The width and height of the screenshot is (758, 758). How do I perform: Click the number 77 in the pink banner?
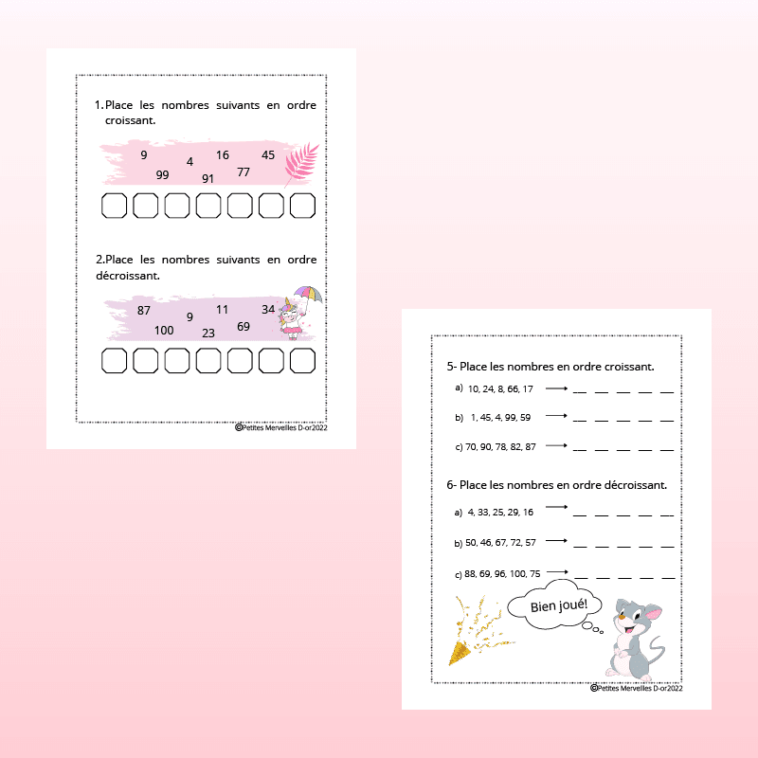click(x=244, y=172)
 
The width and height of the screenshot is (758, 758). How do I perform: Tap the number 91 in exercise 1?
click(x=208, y=179)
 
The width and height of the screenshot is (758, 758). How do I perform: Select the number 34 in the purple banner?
click(x=268, y=310)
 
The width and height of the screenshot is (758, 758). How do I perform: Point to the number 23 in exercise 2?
click(x=208, y=334)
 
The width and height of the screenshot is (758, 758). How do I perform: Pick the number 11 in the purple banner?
click(x=222, y=310)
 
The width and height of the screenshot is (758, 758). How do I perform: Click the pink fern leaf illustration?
click(x=301, y=163)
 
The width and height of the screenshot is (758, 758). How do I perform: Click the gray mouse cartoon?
click(x=635, y=639)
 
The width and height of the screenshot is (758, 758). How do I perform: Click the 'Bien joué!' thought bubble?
click(x=555, y=605)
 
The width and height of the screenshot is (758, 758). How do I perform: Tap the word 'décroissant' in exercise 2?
click(x=127, y=276)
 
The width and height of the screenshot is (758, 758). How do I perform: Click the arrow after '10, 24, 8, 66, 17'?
click(x=556, y=388)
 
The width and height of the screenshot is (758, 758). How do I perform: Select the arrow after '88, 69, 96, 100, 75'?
click(x=557, y=572)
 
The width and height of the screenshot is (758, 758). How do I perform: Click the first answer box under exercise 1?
click(x=114, y=206)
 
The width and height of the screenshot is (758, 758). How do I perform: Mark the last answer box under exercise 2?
click(x=302, y=361)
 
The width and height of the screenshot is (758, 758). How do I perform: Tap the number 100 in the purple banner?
click(x=164, y=330)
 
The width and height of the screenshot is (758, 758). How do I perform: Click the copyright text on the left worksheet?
click(x=280, y=427)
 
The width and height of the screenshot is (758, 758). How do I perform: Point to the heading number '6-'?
click(x=452, y=485)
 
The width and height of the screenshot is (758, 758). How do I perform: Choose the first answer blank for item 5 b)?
click(x=580, y=421)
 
